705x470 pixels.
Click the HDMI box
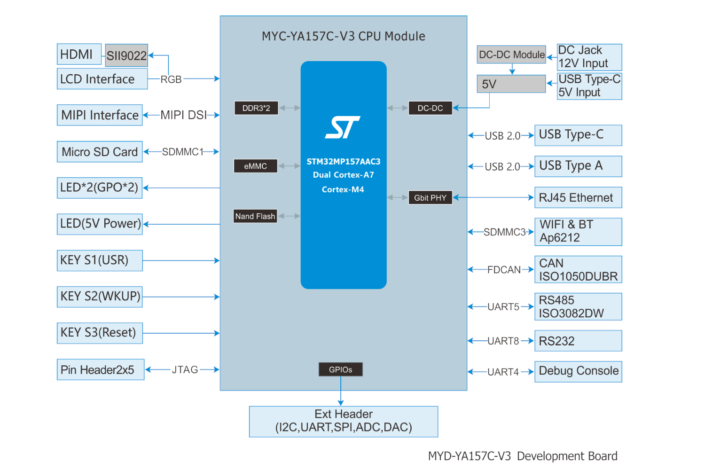coord(79,54)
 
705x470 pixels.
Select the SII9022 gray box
coord(126,55)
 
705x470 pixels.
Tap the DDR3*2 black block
coord(256,108)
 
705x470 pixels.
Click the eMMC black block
coord(255,166)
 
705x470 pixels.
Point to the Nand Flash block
coord(255,216)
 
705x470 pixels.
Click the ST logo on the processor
coord(343,127)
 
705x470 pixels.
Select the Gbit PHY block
coord(430,198)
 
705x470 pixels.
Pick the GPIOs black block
coord(340,369)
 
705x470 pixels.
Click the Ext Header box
coord(344,421)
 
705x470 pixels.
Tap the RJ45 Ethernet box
coord(578,198)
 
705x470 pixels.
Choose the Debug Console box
coord(578,371)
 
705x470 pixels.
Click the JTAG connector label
coord(185,370)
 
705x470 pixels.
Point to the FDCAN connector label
coord(504,270)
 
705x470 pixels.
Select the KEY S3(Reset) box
coord(100,333)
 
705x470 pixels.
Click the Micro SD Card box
coord(100,152)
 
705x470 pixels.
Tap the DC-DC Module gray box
coord(511,55)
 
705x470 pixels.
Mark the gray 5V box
coord(511,84)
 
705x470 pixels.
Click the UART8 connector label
coord(503,341)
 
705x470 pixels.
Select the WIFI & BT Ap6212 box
coord(578,232)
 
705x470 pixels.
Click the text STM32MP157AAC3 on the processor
coord(344,162)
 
